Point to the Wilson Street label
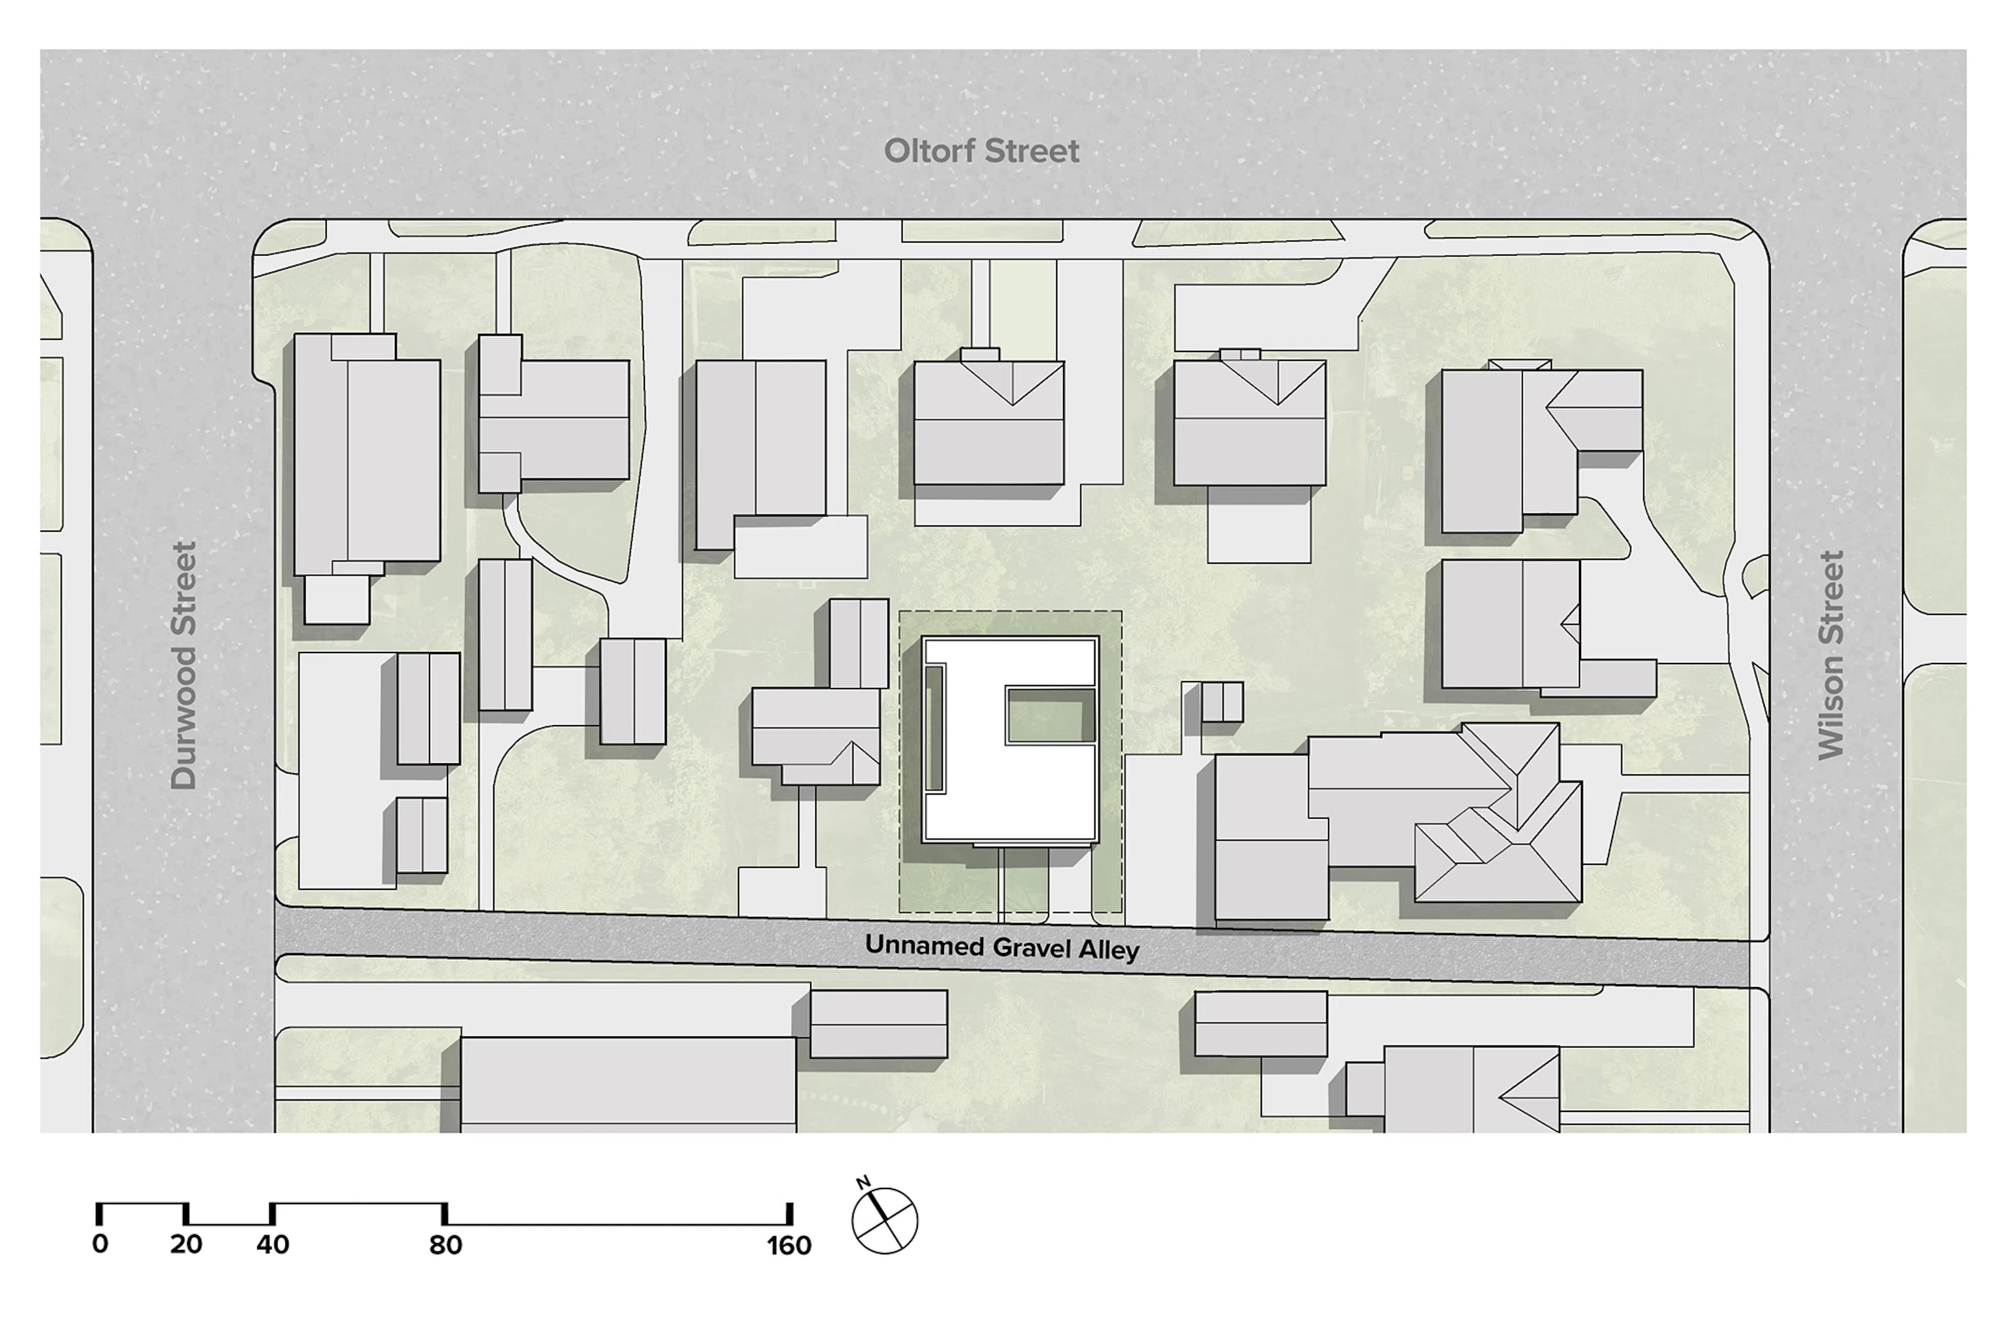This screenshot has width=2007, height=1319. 1831,655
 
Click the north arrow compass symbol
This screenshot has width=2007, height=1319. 885,1220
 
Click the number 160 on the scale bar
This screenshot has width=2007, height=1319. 789,1246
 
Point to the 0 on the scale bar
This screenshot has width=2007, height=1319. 99,1244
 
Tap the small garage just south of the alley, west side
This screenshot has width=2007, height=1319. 878,1024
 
